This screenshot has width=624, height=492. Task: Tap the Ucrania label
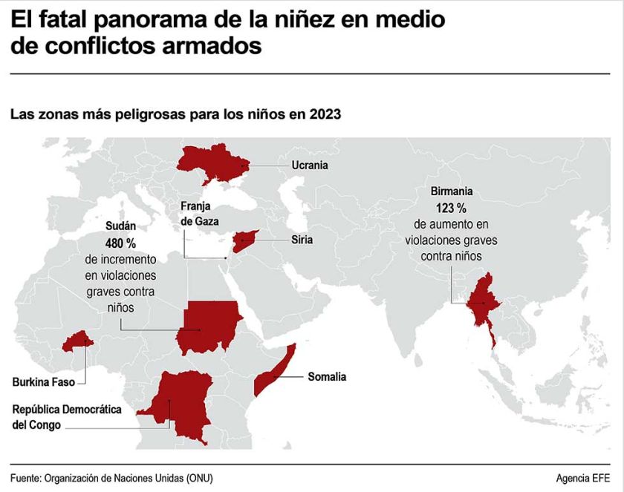(x=310, y=165)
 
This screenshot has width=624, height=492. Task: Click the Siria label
(x=302, y=240)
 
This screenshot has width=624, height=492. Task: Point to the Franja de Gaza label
(x=199, y=214)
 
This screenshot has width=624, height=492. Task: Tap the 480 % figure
(x=120, y=243)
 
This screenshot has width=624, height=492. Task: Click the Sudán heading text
(x=120, y=226)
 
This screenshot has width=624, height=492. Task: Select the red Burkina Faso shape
(x=77, y=341)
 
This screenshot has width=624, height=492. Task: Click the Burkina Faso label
(x=43, y=382)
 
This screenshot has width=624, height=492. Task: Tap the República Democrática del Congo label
(x=66, y=417)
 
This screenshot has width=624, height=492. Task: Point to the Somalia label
(x=327, y=376)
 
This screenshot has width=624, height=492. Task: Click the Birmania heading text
(x=452, y=191)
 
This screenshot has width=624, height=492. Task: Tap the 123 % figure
(x=451, y=208)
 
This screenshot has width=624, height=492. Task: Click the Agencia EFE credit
(x=583, y=478)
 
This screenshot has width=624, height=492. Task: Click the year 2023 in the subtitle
(x=325, y=114)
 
